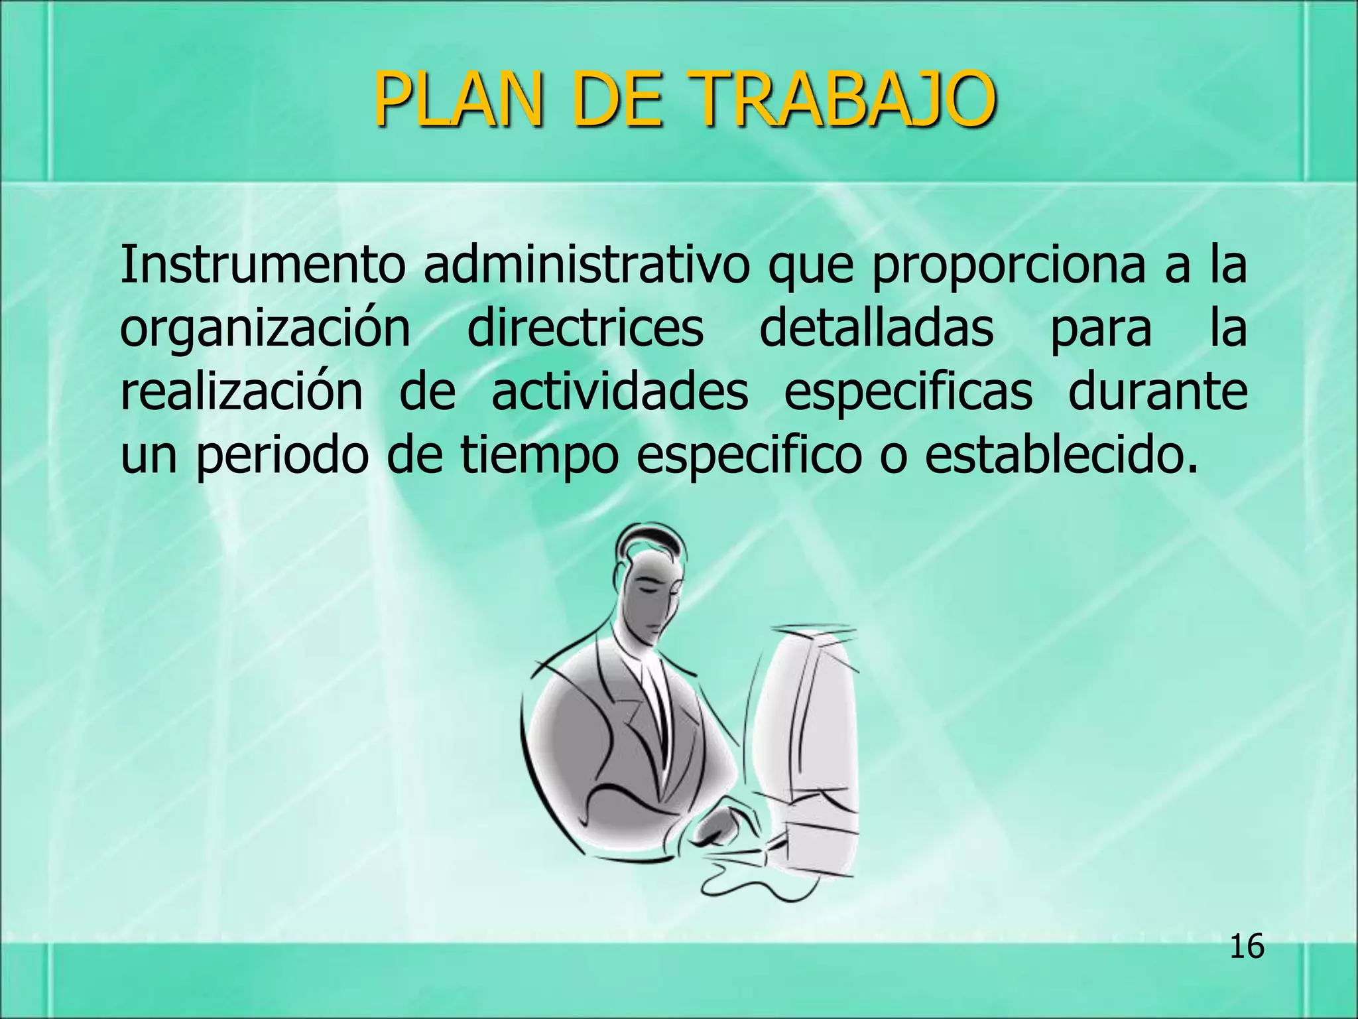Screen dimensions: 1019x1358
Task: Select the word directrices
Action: point(585,328)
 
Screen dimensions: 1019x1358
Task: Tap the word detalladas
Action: point(876,328)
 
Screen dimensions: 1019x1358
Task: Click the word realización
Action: point(241,391)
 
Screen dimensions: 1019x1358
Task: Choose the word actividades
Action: point(619,391)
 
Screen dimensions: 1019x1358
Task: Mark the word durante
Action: point(1157,391)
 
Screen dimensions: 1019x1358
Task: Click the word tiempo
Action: point(538,456)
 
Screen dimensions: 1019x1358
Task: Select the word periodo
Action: point(282,456)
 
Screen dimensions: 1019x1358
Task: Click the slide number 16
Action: point(1247,946)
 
